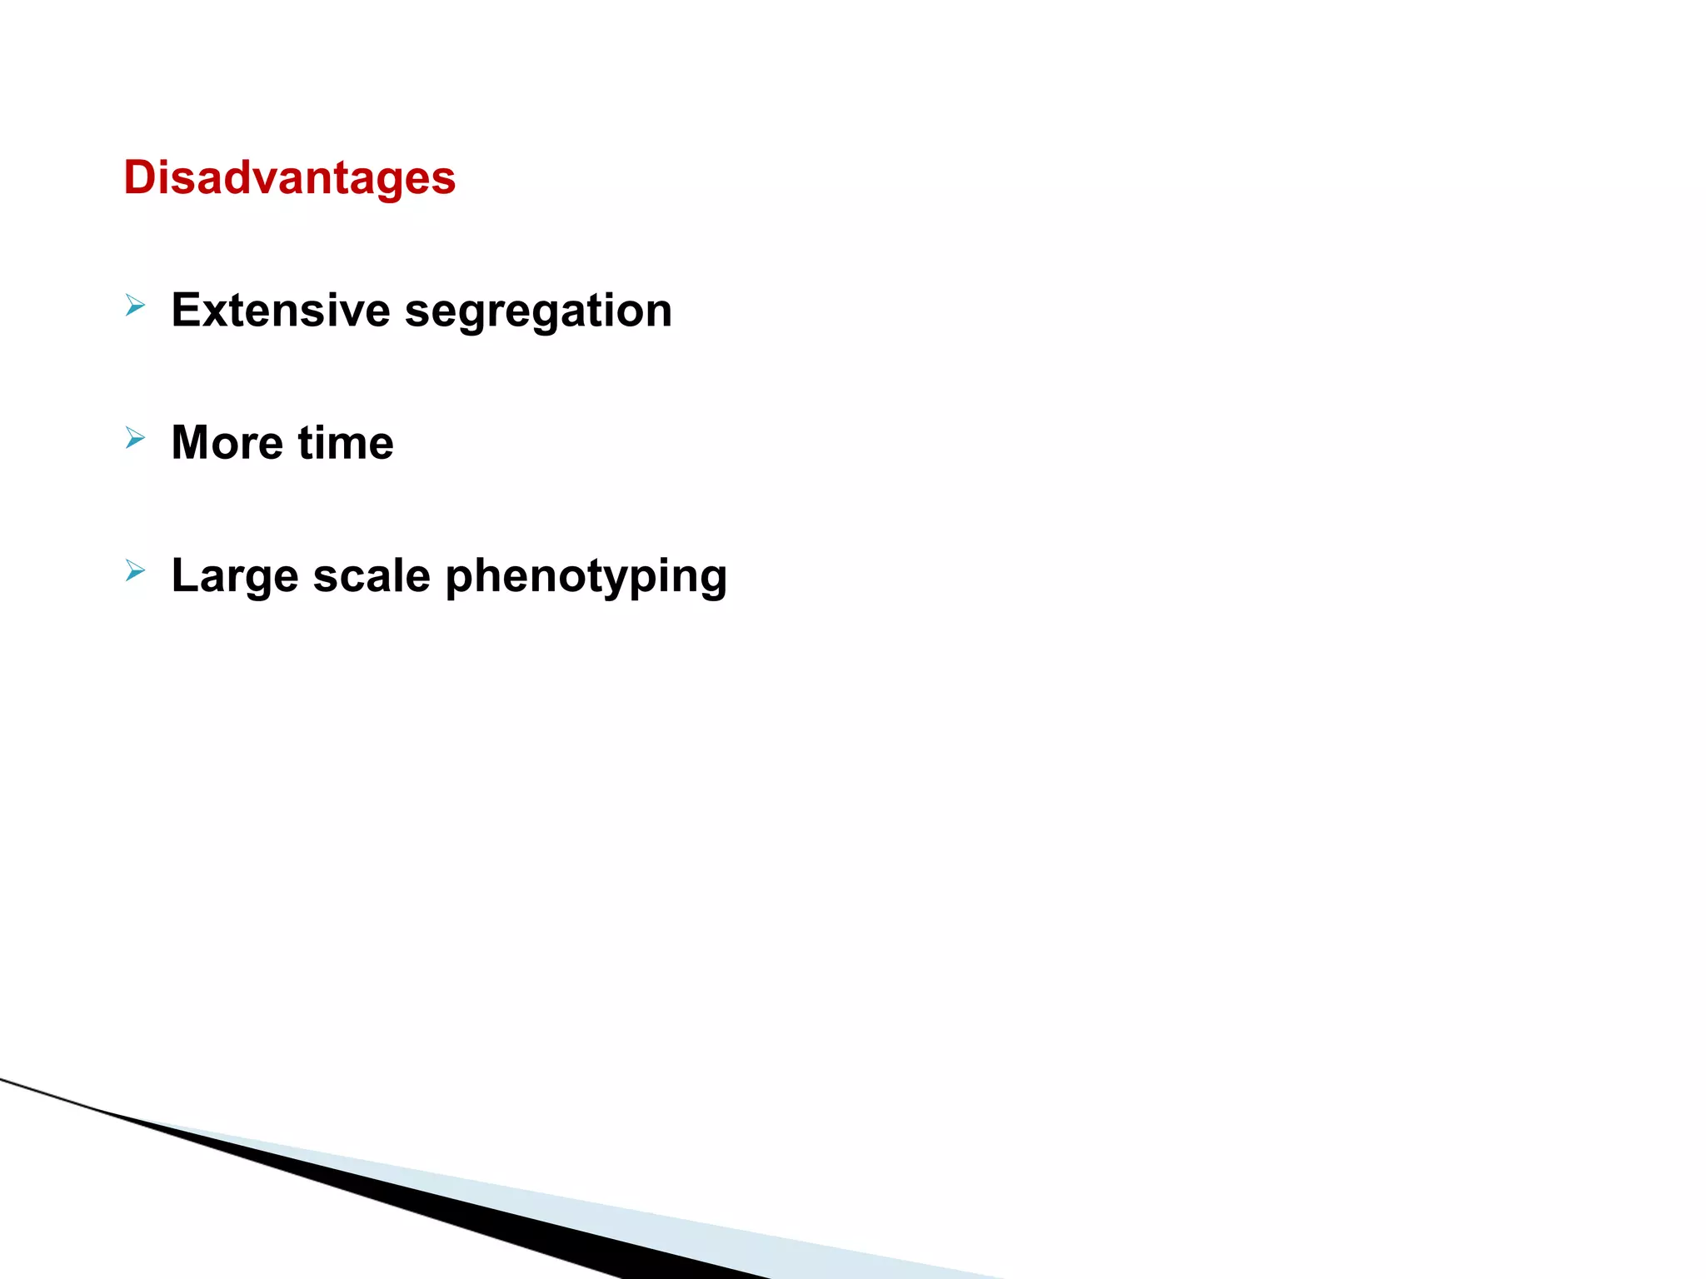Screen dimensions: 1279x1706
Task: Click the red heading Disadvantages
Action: click(x=289, y=178)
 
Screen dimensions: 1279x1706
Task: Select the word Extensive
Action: click(x=281, y=311)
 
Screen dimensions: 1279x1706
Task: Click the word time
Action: click(x=346, y=442)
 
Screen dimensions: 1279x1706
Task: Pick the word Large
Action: click(x=234, y=576)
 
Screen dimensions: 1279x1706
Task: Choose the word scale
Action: click(x=372, y=575)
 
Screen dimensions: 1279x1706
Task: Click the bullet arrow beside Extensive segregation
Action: click(x=135, y=306)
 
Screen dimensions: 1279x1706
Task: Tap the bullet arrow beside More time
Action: click(x=135, y=437)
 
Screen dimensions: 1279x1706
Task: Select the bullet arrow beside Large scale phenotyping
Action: click(x=135, y=570)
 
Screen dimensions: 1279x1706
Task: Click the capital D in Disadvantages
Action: click(x=141, y=178)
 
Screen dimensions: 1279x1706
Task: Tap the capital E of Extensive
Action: click(x=186, y=311)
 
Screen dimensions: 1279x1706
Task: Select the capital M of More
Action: click(x=191, y=442)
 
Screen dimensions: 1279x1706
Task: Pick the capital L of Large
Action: click(x=185, y=575)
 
